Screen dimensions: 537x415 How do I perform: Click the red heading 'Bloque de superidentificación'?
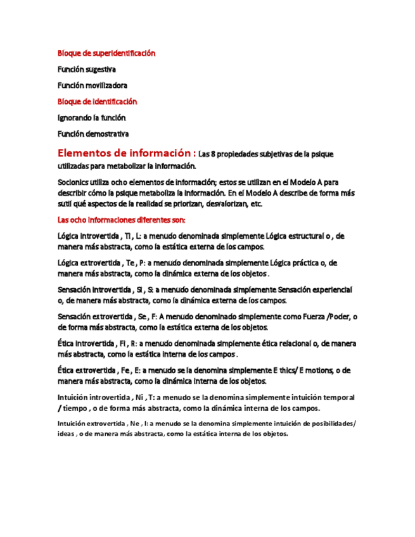[106, 53]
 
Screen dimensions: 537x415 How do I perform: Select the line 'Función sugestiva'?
[87, 69]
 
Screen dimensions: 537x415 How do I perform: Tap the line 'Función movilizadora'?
[93, 85]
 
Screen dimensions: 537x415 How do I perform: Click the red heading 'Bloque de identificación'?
[97, 101]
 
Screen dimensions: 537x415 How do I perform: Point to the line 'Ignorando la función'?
[92, 117]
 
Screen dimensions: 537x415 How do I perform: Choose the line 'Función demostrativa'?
[93, 134]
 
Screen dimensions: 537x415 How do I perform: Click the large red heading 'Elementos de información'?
[125, 153]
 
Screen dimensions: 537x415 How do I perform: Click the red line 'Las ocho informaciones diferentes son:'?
[121, 220]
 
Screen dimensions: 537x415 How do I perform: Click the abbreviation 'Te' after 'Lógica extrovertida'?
[130, 263]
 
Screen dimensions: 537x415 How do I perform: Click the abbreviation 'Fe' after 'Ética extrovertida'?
[127, 370]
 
